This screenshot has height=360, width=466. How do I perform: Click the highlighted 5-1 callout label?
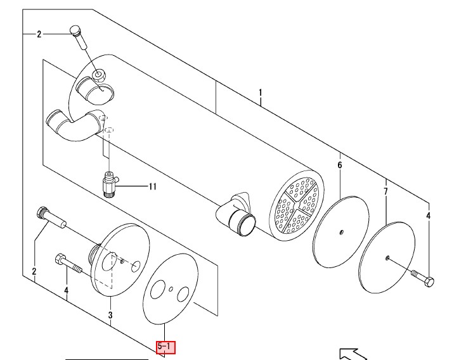[166, 347]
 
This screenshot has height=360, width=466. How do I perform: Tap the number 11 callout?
[152, 186]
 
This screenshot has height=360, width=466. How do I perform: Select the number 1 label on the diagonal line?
[261, 93]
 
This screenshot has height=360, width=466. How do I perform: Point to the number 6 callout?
[340, 165]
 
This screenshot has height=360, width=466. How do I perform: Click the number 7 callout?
[385, 191]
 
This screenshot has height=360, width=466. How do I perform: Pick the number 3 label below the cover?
[110, 315]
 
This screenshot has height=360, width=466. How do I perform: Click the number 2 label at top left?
[39, 34]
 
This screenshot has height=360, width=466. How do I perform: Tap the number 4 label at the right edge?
[428, 215]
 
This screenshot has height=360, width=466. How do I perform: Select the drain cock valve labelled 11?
[110, 184]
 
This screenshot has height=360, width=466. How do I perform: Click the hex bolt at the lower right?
[423, 278]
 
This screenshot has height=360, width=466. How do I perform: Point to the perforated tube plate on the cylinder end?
[297, 205]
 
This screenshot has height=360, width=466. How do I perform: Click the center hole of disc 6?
[342, 232]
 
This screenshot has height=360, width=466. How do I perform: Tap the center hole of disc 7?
[387, 258]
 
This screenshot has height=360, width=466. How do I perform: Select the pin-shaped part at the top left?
[78, 37]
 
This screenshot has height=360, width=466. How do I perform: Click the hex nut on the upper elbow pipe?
[99, 75]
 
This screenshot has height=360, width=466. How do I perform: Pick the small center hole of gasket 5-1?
[171, 289]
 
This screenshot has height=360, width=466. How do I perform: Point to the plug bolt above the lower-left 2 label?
[51, 218]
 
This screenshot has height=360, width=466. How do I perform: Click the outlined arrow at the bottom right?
[353, 354]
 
